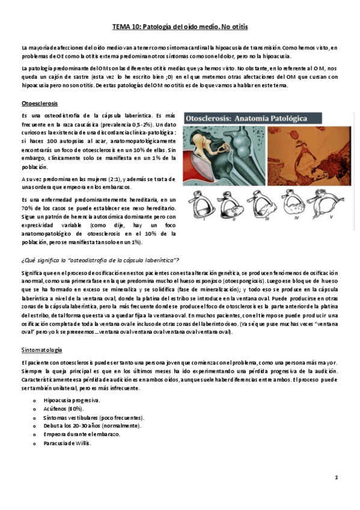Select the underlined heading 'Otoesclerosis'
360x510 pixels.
(x=38, y=103)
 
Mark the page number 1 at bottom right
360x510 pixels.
(x=337, y=477)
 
